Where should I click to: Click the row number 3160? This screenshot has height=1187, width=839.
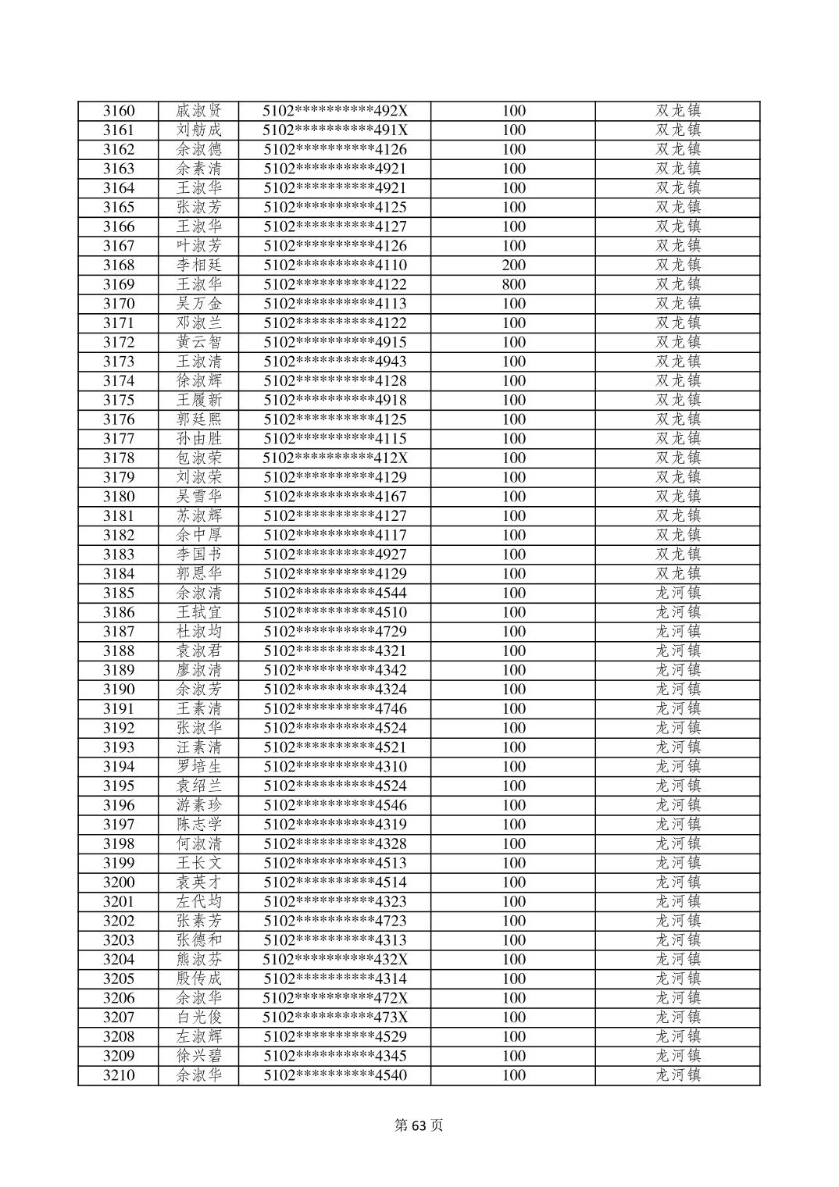pos(119,111)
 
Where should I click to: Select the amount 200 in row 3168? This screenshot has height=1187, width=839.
pos(513,266)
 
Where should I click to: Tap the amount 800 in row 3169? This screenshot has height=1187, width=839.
pos(513,284)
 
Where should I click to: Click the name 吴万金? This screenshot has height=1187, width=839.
pos(199,304)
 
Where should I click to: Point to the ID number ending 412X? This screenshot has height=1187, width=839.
pos(335,458)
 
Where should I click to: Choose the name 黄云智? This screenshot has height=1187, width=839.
pos(199,342)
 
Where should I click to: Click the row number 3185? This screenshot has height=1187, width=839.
pos(119,593)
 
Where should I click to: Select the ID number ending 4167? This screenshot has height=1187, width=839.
pos(335,497)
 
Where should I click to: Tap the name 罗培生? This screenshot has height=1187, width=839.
pos(199,766)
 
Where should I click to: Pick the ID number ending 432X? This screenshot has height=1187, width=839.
pos(335,959)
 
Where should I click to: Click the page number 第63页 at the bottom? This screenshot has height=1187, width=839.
pos(419,1125)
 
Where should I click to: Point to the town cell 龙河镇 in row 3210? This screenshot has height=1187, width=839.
pos(677,1075)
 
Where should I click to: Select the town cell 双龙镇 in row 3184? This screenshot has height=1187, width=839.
pos(677,573)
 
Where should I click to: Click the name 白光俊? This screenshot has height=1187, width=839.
pos(199,1017)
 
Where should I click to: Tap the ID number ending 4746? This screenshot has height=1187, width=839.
pos(335,708)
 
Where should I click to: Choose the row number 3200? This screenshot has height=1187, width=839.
pos(119,882)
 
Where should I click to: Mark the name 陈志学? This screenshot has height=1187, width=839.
pos(199,824)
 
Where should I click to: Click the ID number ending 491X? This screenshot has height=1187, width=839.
pos(335,130)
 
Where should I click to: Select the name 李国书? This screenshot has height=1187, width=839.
pos(199,554)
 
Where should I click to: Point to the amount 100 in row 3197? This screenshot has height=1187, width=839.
pos(513,824)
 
